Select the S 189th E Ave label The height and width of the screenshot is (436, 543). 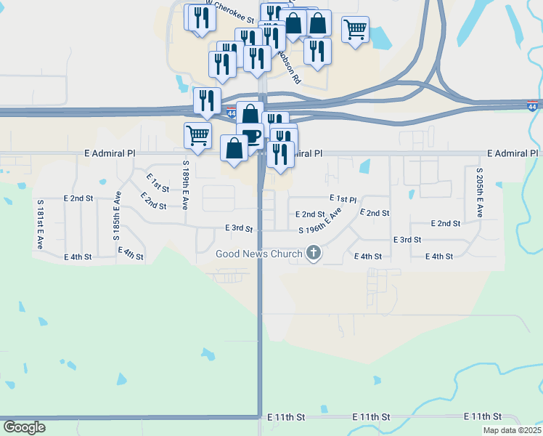pyautogui.click(x=186, y=185)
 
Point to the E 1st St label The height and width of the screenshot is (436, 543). pyautogui.click(x=158, y=182)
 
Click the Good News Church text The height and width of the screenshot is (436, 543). pyautogui.click(x=258, y=254)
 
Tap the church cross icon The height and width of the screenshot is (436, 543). pyautogui.click(x=314, y=254)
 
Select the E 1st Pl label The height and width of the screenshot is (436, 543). pyautogui.click(x=343, y=198)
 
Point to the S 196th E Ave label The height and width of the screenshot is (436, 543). pyautogui.click(x=320, y=222)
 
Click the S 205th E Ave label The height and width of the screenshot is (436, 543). pyautogui.click(x=479, y=193)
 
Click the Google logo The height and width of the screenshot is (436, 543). pyautogui.click(x=24, y=427)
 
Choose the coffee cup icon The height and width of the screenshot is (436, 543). pyautogui.click(x=250, y=136)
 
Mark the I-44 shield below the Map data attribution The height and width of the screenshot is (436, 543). pyautogui.click(x=533, y=106)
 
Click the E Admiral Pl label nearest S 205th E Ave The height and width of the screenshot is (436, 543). pyautogui.click(x=513, y=154)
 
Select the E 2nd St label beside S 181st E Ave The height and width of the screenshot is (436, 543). pyautogui.click(x=78, y=198)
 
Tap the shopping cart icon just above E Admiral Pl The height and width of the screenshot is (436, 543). pyautogui.click(x=197, y=134)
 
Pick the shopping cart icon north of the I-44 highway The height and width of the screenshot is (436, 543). pyautogui.click(x=354, y=29)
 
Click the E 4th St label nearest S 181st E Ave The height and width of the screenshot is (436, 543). pyautogui.click(x=78, y=257)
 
